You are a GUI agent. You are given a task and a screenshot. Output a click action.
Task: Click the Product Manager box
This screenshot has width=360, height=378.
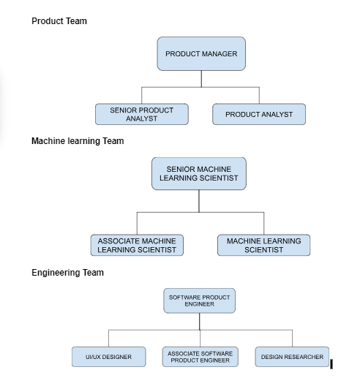pos(201,54)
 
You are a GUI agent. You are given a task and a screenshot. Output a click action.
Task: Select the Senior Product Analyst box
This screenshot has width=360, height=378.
pos(142,114)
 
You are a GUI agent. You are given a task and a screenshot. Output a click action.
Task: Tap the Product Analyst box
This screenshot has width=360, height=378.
pos(259,114)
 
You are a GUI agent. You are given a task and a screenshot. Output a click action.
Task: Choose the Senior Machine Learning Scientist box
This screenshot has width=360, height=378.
pos(199,173)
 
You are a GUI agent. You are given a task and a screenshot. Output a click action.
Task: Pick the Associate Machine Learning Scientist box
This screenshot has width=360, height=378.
pos(137,245)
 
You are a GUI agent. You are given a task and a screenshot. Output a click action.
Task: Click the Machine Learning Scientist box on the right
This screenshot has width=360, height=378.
pos(264,245)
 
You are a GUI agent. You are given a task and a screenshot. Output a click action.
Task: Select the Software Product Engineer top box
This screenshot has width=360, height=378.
pos(200,300)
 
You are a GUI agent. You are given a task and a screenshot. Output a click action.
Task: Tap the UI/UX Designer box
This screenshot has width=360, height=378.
pos(109,357)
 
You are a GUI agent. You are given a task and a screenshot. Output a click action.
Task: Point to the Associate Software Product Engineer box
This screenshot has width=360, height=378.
pos(200,357)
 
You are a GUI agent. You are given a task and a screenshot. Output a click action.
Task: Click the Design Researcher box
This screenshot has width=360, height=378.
pos(292,357)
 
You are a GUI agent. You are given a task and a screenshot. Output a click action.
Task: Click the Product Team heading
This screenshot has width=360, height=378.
pos(59,21)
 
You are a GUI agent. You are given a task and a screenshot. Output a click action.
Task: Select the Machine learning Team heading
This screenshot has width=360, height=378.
pos(78,141)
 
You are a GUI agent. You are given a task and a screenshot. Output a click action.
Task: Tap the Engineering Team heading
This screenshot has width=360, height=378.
pos(68,273)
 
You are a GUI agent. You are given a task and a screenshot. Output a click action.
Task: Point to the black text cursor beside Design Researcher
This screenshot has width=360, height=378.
pos(331,364)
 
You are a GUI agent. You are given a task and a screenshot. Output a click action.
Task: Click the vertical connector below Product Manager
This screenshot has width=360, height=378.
pos(201,79)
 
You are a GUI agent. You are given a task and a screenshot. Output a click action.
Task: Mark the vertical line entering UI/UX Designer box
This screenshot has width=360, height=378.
pos(108,339)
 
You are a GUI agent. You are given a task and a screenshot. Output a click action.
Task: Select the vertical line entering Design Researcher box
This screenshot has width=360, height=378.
pos(292,339)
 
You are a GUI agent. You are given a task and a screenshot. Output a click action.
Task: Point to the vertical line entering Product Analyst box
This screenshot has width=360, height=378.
pos(259,95)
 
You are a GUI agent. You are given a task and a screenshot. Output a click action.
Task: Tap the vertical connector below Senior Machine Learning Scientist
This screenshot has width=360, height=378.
pos(199,201)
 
